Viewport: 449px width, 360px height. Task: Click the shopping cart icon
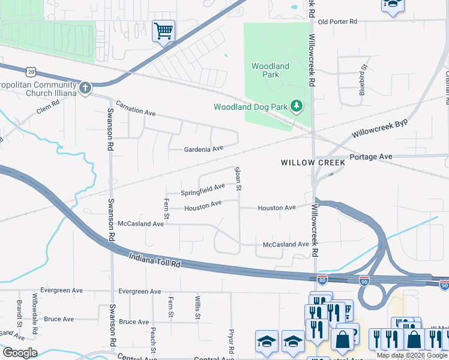pos(163,30)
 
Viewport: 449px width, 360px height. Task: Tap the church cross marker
pos(85,89)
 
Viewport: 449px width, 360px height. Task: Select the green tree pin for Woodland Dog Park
pos(296,107)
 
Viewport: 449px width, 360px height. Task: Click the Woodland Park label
pos(270,70)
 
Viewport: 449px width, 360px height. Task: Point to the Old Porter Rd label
pos(337,22)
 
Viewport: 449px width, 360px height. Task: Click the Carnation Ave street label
pos(136,108)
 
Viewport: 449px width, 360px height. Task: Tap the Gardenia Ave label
pos(203,148)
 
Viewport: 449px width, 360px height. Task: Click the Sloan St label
pos(238,179)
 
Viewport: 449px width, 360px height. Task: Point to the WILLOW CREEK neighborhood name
pos(313,163)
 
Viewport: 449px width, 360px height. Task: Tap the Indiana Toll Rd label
pos(155,260)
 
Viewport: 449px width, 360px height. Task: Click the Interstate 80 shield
pos(322,279)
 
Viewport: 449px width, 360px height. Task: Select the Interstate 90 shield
pos(364,280)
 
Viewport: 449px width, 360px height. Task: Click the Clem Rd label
pos(48,107)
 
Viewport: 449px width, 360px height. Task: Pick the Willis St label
pos(197,307)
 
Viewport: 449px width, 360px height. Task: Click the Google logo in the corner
pos(20,353)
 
